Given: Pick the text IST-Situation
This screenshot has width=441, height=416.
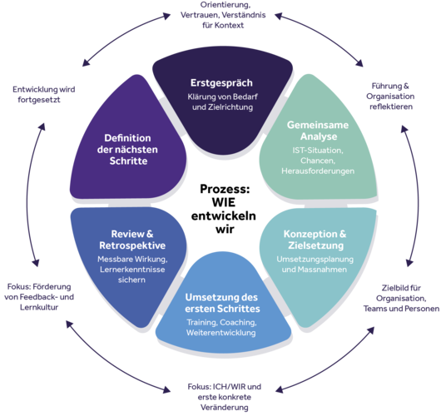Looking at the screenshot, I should pyautogui.click(x=317, y=150).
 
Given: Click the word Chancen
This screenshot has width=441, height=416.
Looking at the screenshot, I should pyautogui.click(x=317, y=161).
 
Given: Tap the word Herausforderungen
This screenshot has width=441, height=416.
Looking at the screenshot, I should pyautogui.click(x=317, y=171).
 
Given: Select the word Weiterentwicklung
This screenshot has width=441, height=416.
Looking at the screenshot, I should pyautogui.click(x=221, y=333).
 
